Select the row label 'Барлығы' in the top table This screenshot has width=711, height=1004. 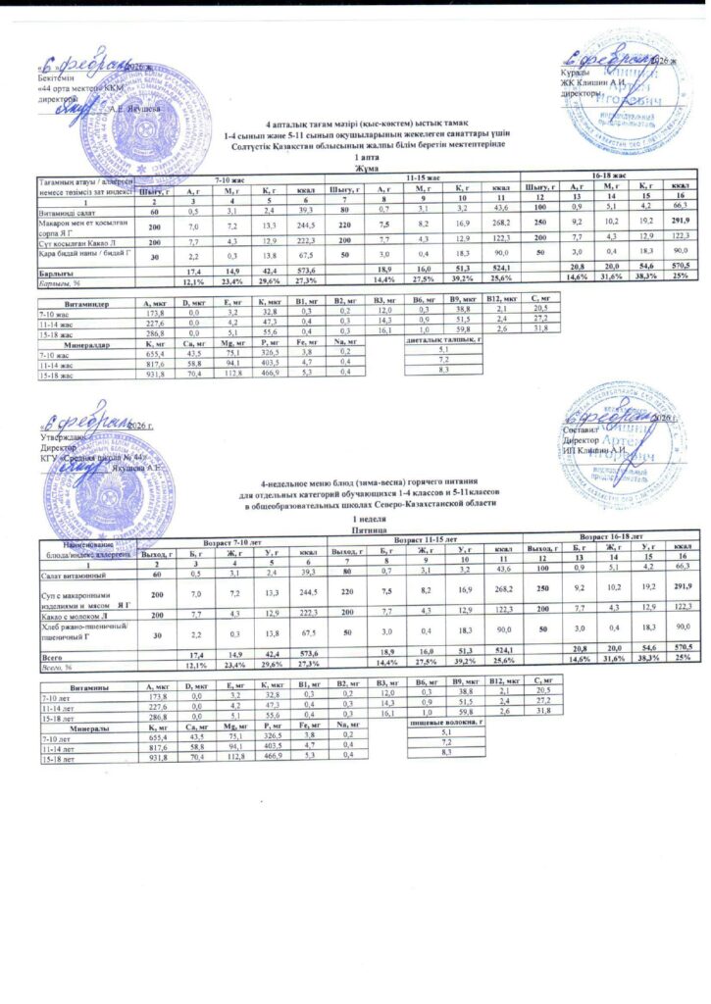53,269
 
